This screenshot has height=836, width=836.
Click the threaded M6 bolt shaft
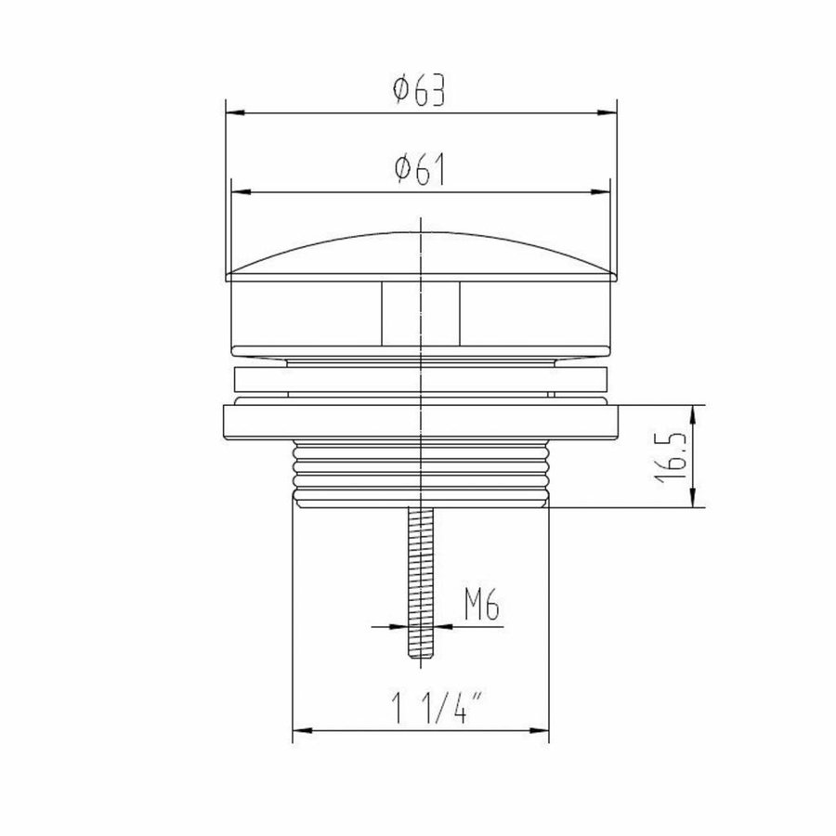[421, 576]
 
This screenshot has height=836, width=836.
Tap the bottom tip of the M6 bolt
[421, 656]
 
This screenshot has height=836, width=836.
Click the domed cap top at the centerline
[421, 232]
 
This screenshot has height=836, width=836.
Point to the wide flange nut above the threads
[421, 423]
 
